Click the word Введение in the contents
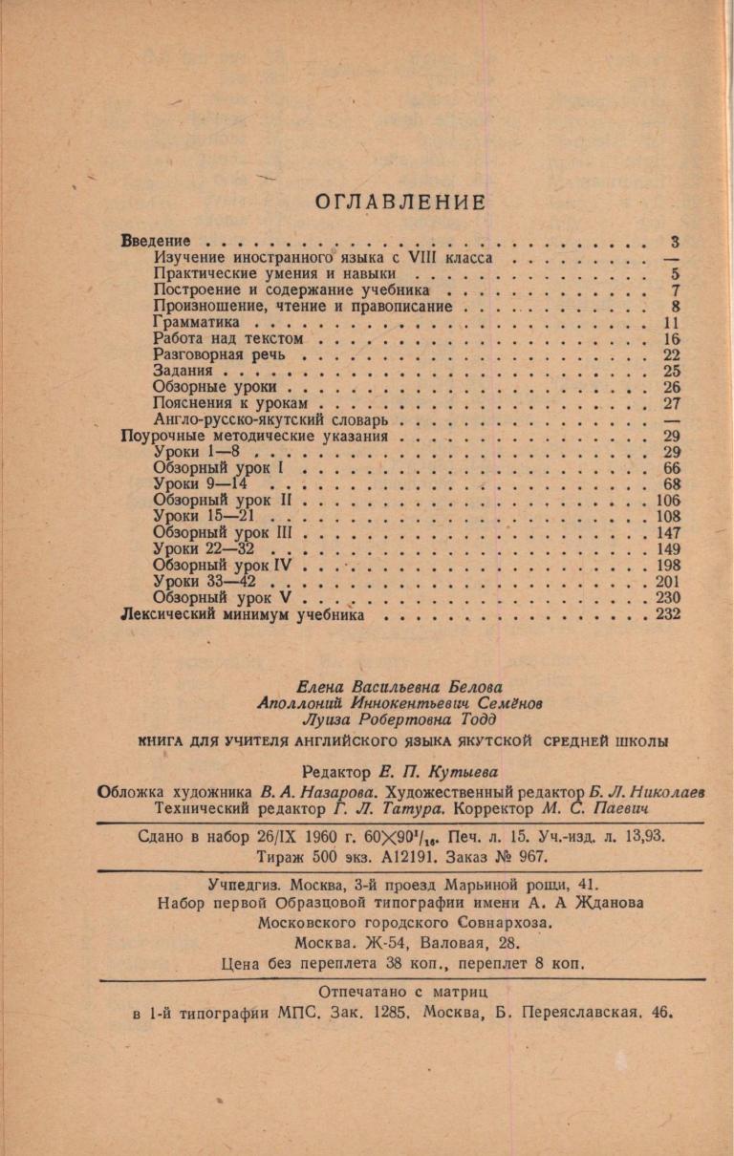pos(156,241)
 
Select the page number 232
pos(667,615)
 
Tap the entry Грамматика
pos(195,323)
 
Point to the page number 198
pos(667,565)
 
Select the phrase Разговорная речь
pos(206,354)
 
